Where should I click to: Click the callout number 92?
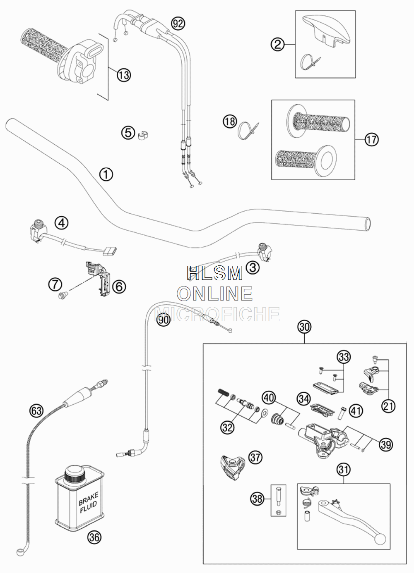(178, 24)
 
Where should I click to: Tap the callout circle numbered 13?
(124, 75)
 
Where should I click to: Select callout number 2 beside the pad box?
(278, 45)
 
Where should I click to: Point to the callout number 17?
(371, 140)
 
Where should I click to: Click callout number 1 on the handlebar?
(106, 174)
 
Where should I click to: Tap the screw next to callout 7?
(62, 296)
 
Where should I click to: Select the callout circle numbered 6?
(119, 286)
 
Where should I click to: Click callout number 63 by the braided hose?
(36, 411)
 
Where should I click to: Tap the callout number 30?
(304, 327)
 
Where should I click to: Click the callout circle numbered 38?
(257, 499)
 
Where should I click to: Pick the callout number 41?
(356, 411)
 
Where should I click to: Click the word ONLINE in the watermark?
(215, 294)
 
